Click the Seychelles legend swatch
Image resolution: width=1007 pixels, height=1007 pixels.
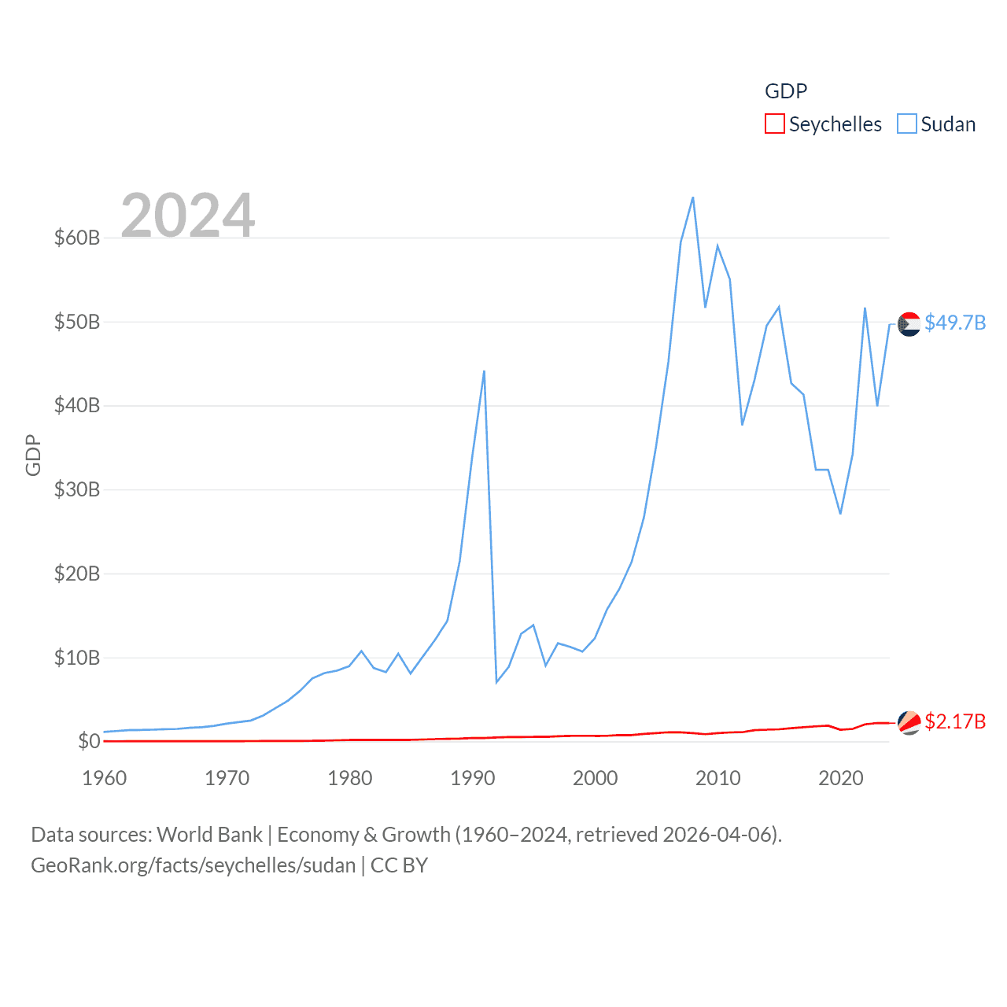(775, 124)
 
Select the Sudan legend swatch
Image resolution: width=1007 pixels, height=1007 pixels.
(907, 124)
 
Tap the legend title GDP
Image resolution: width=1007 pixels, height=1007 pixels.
(786, 91)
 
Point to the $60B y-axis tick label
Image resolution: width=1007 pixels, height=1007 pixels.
(77, 238)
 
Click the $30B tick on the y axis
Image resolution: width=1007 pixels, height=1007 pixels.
(77, 489)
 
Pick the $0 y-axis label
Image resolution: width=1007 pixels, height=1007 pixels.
(89, 741)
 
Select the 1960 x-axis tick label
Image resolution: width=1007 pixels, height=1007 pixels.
(105, 778)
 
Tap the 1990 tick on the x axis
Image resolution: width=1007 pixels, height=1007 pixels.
(473, 778)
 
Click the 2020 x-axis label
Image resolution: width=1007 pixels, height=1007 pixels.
(841, 778)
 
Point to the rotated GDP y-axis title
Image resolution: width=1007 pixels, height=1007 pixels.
(33, 455)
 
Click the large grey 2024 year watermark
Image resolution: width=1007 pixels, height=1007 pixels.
(188, 215)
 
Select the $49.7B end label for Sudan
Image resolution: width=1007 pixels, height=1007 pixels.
(955, 323)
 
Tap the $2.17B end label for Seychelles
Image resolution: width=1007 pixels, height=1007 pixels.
(955, 721)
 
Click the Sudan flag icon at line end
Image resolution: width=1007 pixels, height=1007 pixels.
(909, 324)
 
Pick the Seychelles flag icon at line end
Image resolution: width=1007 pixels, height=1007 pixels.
(909, 722)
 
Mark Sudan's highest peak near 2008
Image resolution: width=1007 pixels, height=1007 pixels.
(693, 197)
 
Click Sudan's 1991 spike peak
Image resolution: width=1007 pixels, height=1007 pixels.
(485, 371)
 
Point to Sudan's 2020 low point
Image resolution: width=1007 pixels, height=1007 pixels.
(840, 514)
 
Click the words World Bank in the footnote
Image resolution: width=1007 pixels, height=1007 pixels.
(209, 834)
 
